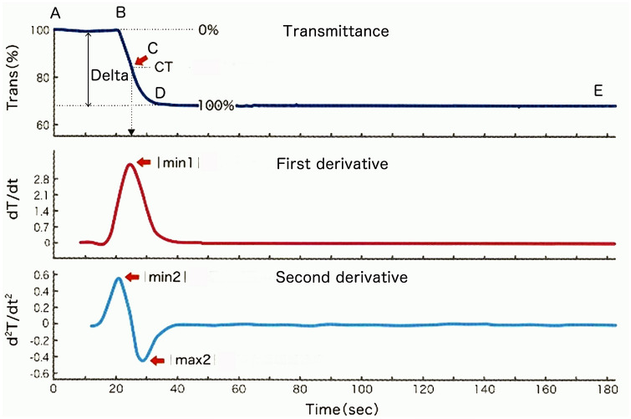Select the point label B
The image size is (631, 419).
120,12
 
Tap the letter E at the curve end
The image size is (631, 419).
598,91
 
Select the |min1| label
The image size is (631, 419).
177,162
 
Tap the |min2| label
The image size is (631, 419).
165,277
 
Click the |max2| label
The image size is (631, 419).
192,360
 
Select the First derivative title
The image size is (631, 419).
331,163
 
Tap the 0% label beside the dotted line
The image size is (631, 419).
208,30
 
